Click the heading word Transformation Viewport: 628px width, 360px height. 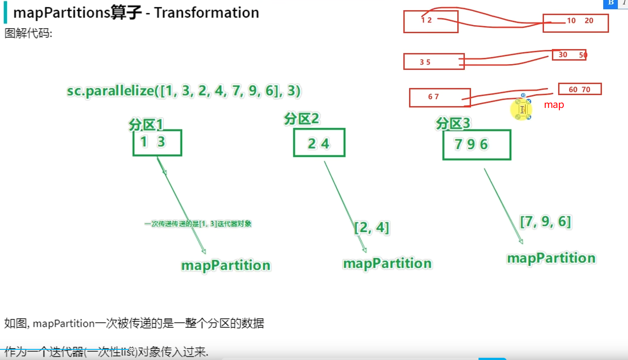[207, 12]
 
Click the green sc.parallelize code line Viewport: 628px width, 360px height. [184, 91]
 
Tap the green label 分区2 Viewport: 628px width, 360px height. [302, 119]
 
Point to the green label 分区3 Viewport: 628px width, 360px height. [453, 123]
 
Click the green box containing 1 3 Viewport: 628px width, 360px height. [157, 142]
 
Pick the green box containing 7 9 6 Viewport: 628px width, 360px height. [477, 145]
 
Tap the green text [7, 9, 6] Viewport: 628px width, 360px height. [545, 221]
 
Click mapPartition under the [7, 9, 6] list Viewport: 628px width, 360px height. [551, 258]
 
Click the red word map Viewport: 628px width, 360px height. [554, 105]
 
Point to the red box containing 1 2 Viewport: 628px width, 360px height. [430, 22]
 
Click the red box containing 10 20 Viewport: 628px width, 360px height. [575, 23]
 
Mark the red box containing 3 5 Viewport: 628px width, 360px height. [433, 61]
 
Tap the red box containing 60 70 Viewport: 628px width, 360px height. [580, 89]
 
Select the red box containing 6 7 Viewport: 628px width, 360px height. [440, 98]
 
